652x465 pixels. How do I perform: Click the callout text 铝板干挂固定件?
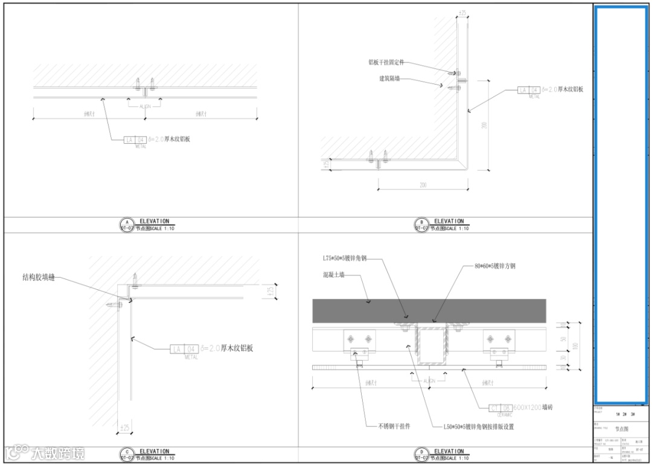(x=386, y=62)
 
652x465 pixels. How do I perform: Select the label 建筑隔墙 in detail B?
(x=389, y=79)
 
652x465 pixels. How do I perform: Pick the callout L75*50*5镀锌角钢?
(x=345, y=258)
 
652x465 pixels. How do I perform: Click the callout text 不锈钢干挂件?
(x=393, y=426)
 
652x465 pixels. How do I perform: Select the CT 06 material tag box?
(x=500, y=408)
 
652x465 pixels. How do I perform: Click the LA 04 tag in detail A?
(x=135, y=140)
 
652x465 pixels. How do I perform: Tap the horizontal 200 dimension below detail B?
(x=423, y=185)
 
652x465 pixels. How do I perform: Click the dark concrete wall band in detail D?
(x=429, y=310)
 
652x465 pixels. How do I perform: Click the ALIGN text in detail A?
(x=145, y=106)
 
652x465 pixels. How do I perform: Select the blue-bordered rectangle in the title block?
(x=621, y=204)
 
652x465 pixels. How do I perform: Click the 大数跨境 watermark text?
(x=57, y=453)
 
